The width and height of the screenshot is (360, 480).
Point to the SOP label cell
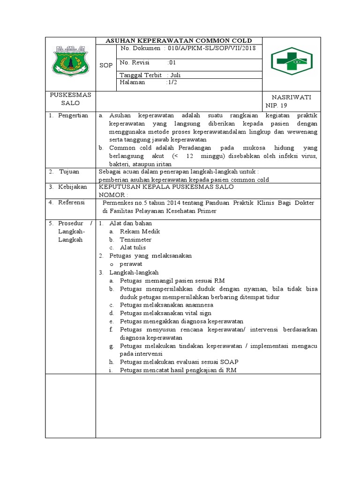[x=106, y=65]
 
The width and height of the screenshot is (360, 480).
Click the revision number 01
[x=172, y=62]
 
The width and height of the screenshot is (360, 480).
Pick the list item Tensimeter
[x=135, y=240]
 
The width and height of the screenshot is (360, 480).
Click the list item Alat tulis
[x=133, y=247]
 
